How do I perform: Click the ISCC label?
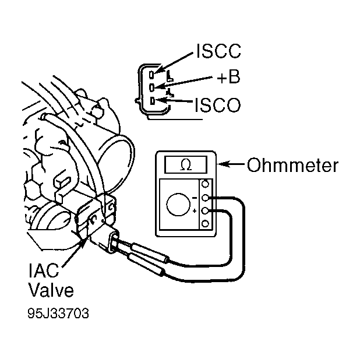(218, 51)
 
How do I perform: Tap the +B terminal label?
(228, 76)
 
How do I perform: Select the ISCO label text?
(218, 105)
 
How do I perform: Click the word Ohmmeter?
(292, 165)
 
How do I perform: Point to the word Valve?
(51, 289)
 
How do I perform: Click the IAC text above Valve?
(44, 270)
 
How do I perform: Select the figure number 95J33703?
(58, 314)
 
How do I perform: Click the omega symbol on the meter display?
(186, 165)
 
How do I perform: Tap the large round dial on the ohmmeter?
(178, 205)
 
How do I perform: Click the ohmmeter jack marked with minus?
(205, 198)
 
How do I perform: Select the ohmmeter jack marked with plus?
(205, 211)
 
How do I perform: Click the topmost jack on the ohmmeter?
(205, 184)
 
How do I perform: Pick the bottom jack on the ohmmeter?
(205, 224)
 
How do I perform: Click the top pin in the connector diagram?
(152, 75)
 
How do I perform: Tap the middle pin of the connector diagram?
(152, 87)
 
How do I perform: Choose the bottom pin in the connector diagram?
(153, 101)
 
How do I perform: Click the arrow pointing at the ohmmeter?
(231, 164)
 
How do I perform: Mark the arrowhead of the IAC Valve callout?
(83, 244)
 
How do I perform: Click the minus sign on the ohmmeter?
(195, 198)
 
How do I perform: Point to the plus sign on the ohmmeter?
(195, 211)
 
